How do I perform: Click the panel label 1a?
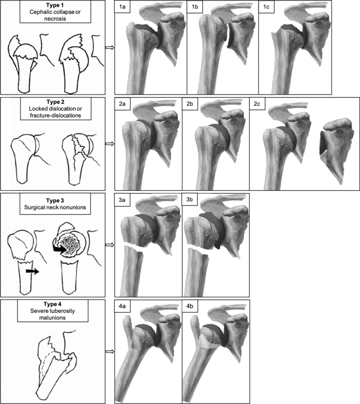[x=124, y=8]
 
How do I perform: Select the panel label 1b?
[x=196, y=8]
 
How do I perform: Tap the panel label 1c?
[x=268, y=8]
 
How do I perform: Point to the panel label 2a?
[x=124, y=105]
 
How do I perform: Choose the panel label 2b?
[x=192, y=105]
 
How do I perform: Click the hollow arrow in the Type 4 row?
[x=109, y=352]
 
